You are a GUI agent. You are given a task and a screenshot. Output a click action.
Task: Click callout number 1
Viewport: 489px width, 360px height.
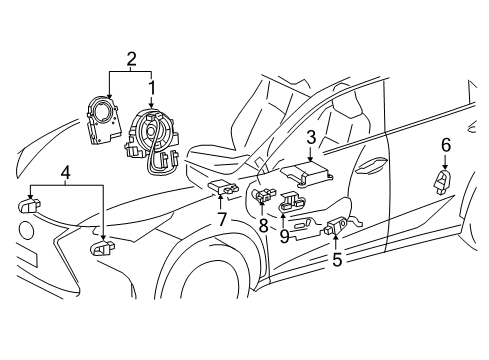(x=152, y=88)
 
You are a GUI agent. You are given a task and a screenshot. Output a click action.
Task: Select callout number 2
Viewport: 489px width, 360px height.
(x=131, y=59)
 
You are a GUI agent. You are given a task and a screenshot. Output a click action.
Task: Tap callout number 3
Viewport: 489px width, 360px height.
(x=311, y=137)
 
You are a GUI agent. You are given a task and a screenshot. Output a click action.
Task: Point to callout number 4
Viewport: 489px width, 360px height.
(x=66, y=174)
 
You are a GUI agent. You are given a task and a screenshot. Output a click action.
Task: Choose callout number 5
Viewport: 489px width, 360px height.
(x=337, y=259)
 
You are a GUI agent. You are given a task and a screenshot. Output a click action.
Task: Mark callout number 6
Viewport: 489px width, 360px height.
(x=446, y=145)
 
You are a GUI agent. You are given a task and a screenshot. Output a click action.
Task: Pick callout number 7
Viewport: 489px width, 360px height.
(x=222, y=219)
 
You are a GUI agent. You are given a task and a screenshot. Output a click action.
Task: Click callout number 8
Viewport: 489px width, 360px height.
(x=263, y=226)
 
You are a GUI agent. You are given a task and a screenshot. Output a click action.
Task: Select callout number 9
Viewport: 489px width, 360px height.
(x=284, y=236)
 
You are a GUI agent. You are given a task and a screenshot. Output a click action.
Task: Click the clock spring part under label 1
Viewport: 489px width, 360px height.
(x=152, y=140)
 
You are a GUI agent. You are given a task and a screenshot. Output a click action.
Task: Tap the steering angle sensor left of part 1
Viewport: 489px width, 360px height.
(x=102, y=120)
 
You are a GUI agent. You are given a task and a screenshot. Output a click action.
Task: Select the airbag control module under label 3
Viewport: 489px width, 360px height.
(x=307, y=172)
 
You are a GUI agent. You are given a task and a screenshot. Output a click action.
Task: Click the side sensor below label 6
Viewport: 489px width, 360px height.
(x=442, y=181)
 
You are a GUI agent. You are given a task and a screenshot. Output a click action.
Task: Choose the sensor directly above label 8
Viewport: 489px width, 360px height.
(x=263, y=195)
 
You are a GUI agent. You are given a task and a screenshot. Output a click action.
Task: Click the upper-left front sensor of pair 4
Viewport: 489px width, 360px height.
(x=29, y=205)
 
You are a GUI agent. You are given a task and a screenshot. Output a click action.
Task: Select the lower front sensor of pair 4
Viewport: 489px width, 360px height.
(x=102, y=248)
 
